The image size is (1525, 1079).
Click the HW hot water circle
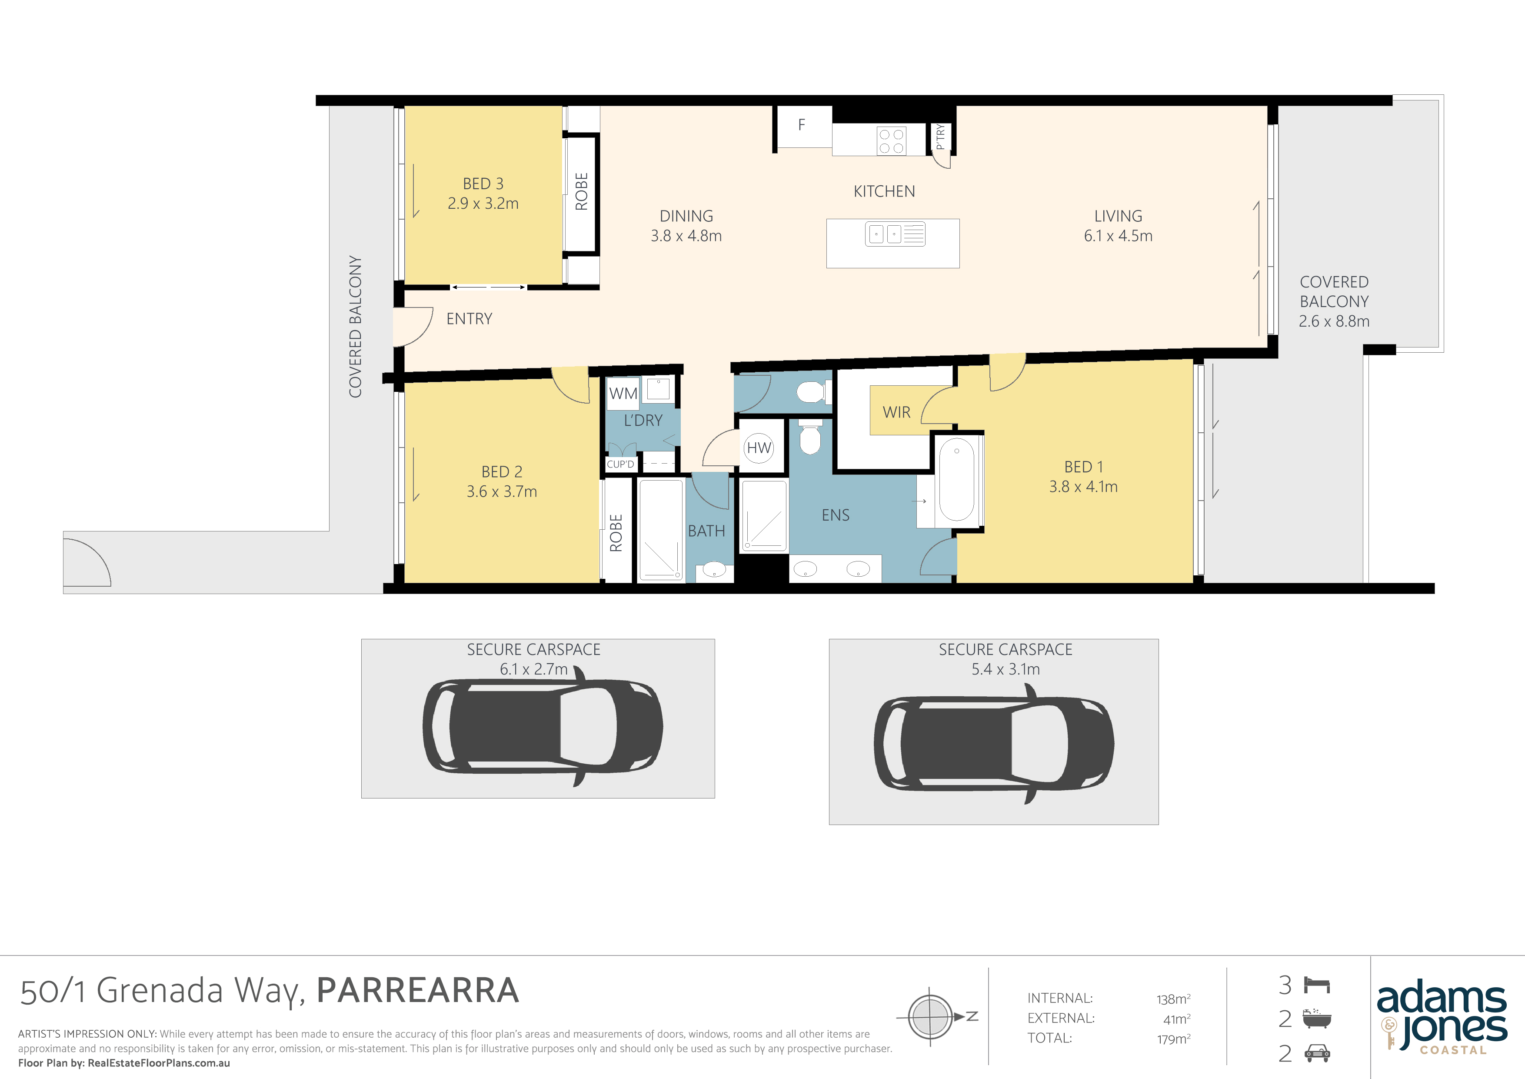coord(759,448)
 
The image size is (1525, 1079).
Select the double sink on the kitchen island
coord(895,234)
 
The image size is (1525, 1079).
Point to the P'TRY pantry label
coord(940,137)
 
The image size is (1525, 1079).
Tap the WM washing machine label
coord(623,393)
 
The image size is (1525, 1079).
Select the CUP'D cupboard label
coord(620,464)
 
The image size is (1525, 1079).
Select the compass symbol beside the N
coord(931,1016)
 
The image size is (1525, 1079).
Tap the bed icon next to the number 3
coord(1317,985)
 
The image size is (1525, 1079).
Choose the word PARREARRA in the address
coord(418,990)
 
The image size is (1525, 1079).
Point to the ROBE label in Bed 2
coord(616,533)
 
